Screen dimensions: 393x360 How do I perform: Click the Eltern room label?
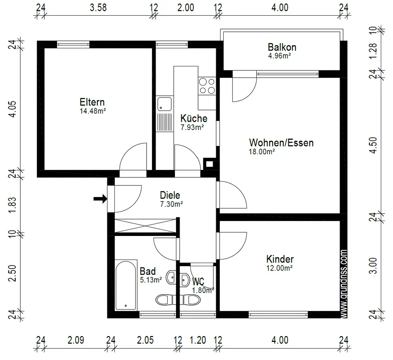[92, 102]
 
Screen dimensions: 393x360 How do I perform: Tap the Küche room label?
[194, 118]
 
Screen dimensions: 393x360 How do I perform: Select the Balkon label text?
[282, 47]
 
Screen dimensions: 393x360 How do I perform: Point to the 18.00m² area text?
[262, 152]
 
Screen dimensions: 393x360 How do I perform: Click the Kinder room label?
[280, 259]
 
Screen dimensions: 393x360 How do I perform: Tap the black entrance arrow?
[100, 199]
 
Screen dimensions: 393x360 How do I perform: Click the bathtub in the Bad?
[126, 285]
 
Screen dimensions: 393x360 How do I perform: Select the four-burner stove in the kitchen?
[207, 86]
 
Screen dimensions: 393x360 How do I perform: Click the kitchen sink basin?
[165, 104]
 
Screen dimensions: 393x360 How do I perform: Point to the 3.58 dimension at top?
[98, 7]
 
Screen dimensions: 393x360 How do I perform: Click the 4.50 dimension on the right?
[373, 145]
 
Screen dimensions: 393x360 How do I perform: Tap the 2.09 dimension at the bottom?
[76, 340]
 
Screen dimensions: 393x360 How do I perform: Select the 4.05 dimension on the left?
[13, 109]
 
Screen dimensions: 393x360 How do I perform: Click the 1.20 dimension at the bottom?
[198, 340]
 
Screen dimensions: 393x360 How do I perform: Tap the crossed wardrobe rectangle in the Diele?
[146, 226]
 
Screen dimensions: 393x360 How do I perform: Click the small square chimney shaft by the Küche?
[209, 164]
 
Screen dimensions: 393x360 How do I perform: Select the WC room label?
[198, 281]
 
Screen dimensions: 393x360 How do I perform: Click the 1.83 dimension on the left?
[13, 205]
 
